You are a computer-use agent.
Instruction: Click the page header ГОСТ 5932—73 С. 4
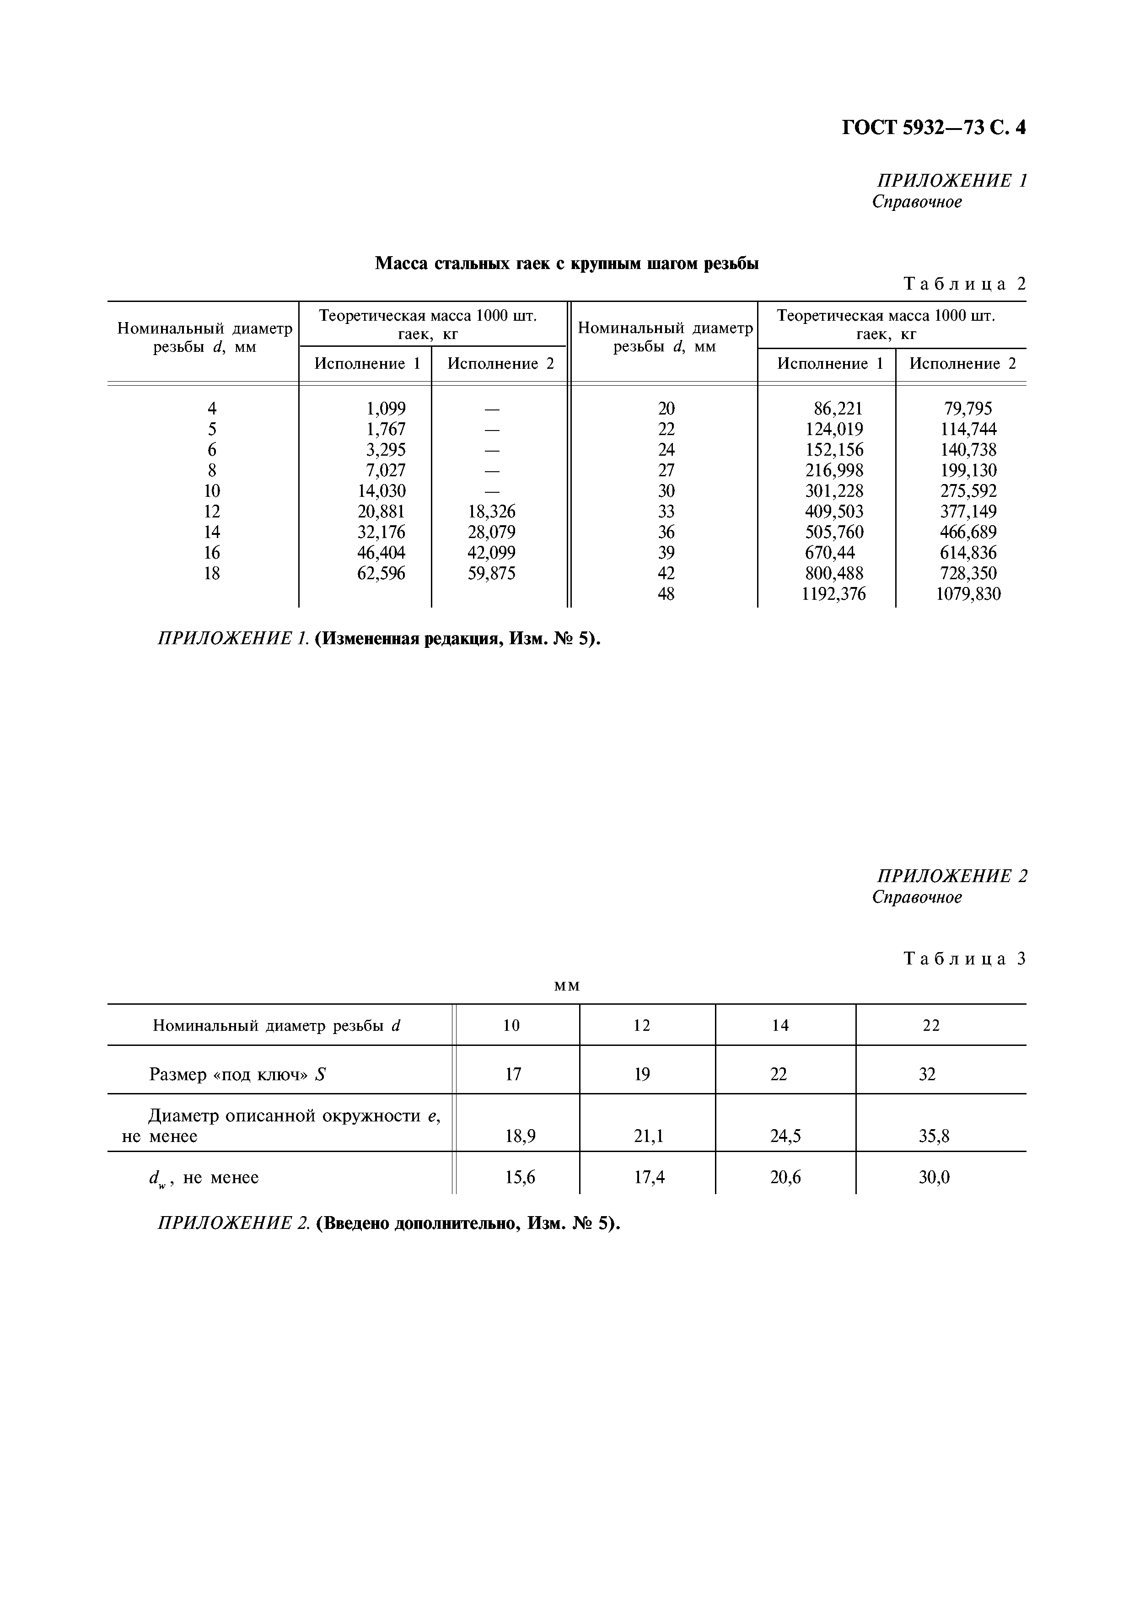coord(934,128)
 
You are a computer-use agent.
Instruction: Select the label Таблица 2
coord(964,284)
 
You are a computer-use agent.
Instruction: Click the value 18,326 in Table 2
coord(491,512)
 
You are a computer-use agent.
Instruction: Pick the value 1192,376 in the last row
coord(834,594)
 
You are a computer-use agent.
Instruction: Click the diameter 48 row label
coord(666,594)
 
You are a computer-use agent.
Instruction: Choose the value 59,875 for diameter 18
coord(491,574)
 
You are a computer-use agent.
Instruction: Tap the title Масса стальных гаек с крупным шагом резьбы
coord(567,264)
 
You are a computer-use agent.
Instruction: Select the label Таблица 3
coord(964,959)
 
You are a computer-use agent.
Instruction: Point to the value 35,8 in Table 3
coord(934,1136)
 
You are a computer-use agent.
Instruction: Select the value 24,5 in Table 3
coord(785,1136)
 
